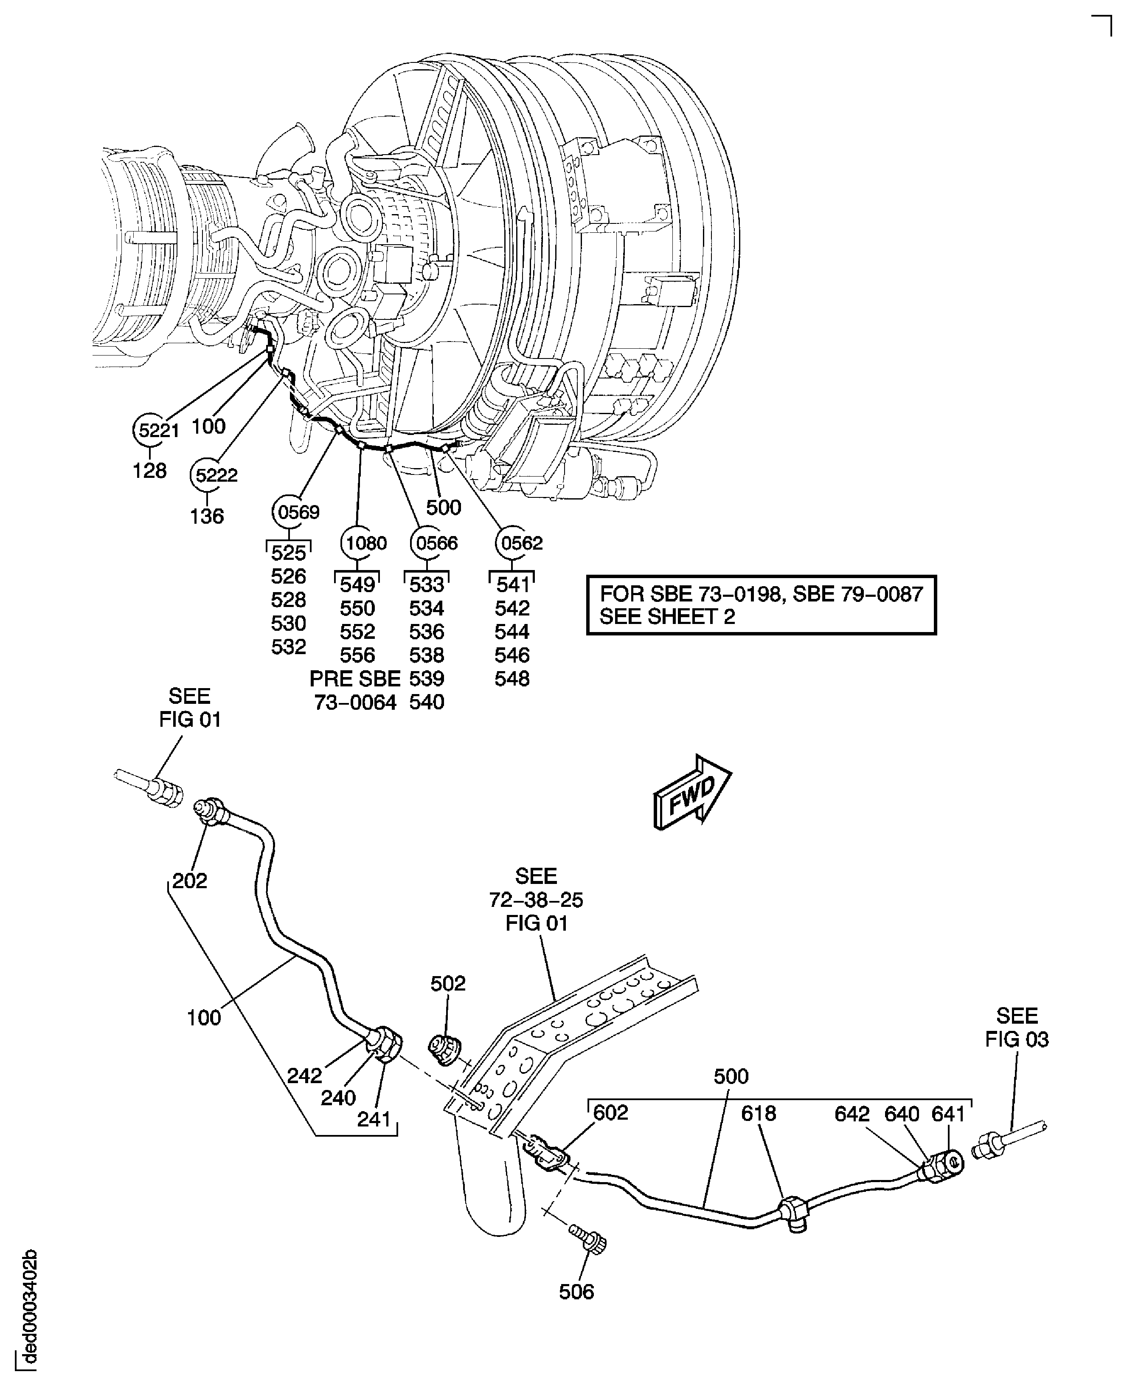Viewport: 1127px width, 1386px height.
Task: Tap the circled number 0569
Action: [x=296, y=512]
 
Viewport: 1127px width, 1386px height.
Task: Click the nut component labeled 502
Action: [x=445, y=1050]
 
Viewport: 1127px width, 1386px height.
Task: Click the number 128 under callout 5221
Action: [x=150, y=470]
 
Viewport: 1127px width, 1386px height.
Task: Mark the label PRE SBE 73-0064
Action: [x=355, y=690]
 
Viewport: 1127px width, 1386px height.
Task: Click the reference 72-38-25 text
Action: [x=536, y=900]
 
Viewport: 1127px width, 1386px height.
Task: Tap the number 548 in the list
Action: [x=512, y=679]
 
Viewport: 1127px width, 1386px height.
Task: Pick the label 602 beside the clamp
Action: [x=611, y=1112]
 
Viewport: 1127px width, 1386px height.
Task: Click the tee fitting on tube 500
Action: [x=795, y=1210]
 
